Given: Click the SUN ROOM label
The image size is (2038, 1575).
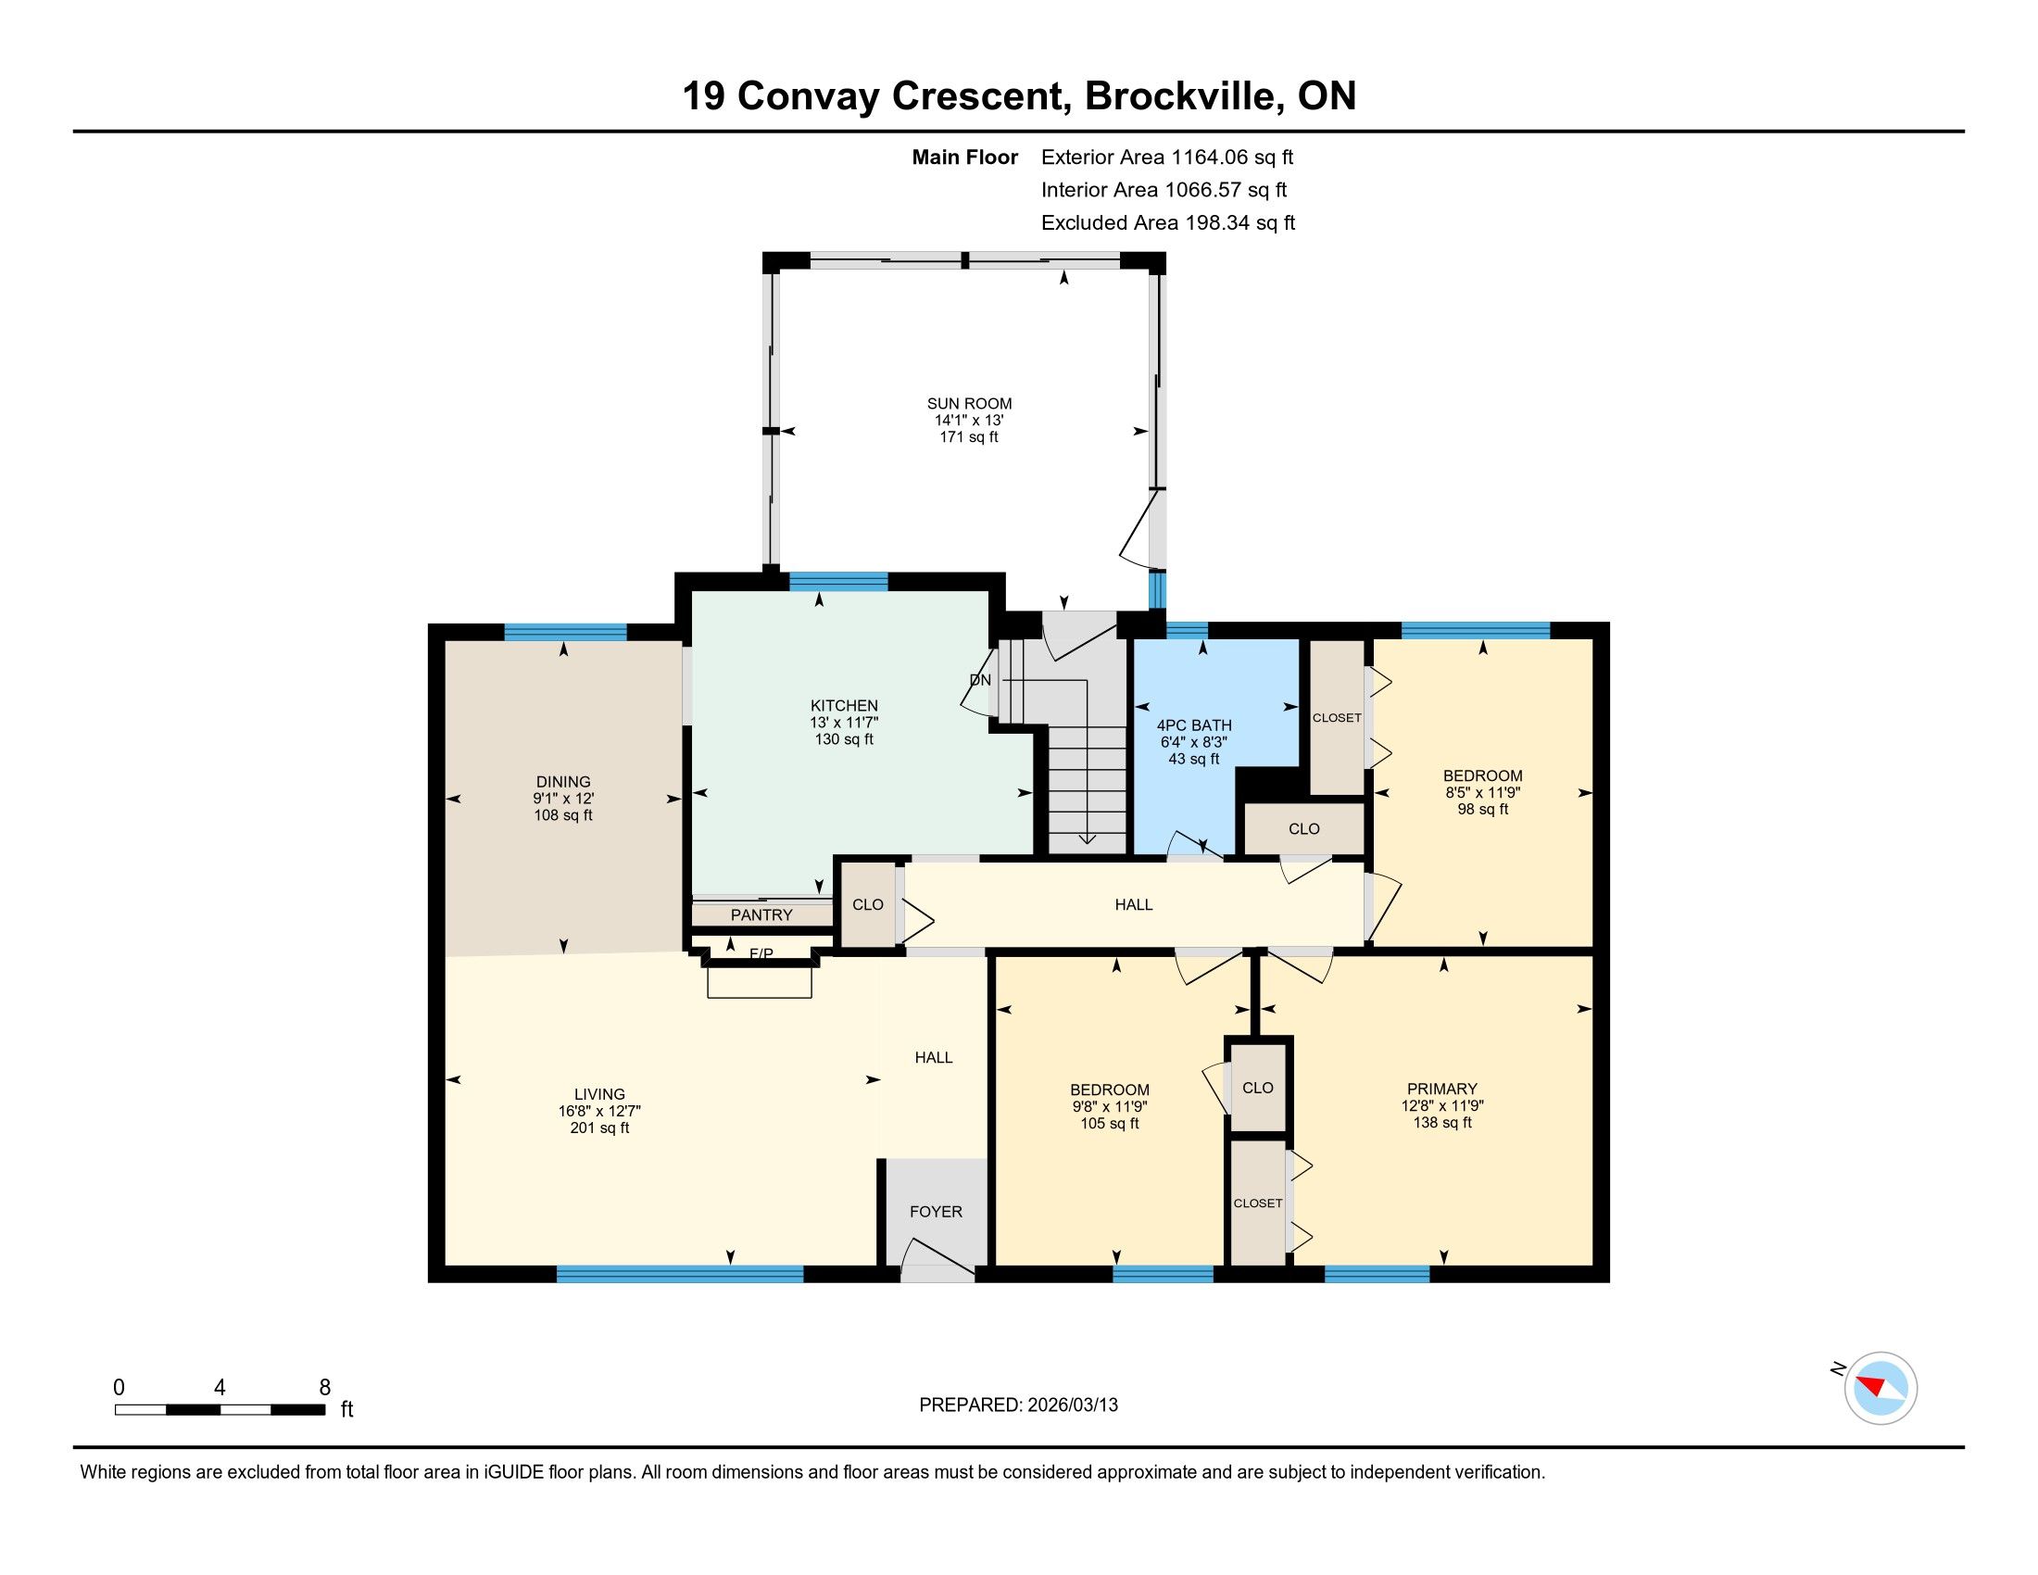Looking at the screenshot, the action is (x=969, y=404).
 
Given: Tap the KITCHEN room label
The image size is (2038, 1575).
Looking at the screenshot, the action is (x=844, y=706).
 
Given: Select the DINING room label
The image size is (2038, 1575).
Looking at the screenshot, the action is (x=562, y=782).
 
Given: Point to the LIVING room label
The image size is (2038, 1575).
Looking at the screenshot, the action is (x=599, y=1094).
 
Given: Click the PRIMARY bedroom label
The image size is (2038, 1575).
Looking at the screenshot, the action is (x=1441, y=1089).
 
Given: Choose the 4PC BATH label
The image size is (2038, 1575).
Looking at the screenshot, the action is (x=1193, y=725).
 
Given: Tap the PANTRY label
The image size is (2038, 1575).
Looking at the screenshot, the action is (x=761, y=915).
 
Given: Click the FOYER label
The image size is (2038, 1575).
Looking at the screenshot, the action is (x=936, y=1212).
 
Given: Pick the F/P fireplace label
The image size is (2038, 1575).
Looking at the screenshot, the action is (x=761, y=953).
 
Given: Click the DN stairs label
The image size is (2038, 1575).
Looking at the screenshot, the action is (x=980, y=680).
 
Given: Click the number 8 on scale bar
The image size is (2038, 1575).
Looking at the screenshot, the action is (x=325, y=1388).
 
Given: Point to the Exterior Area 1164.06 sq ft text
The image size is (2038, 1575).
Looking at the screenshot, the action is (x=1167, y=157).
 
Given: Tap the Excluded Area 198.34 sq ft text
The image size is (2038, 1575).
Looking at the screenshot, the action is (x=1168, y=223).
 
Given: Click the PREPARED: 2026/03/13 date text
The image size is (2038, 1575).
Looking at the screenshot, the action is (x=1018, y=1405).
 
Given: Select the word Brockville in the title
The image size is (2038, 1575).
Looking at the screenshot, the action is (x=1180, y=96).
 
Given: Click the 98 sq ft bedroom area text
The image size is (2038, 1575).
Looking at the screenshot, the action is (x=1483, y=809).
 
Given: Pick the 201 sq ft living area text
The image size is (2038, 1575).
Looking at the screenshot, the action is (x=599, y=1128).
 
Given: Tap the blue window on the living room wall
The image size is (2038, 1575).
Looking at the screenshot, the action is (x=679, y=1274).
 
